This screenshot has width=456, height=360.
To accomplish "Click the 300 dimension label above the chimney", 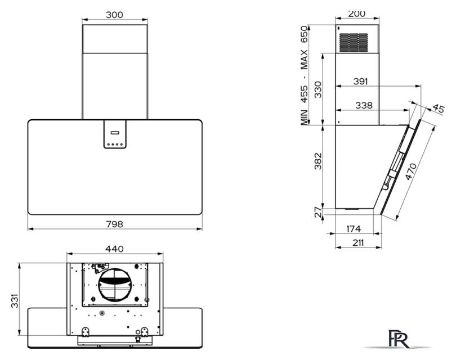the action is pyautogui.click(x=114, y=15).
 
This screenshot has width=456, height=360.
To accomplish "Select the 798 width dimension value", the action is pyautogui.click(x=114, y=224).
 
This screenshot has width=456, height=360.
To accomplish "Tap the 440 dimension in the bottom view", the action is pyautogui.click(x=114, y=249).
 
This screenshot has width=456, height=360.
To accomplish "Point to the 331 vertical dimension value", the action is pyautogui.click(x=15, y=301).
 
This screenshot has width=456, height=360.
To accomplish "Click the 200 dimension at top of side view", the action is pyautogui.click(x=356, y=13).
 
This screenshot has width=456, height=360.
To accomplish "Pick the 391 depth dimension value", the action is pyautogui.click(x=361, y=82).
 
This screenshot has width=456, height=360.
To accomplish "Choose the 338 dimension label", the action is pyautogui.click(x=364, y=105).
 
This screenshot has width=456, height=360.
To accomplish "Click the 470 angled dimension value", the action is pyautogui.click(x=411, y=172).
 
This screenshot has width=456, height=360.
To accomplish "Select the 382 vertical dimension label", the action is pyautogui.click(x=318, y=161).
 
